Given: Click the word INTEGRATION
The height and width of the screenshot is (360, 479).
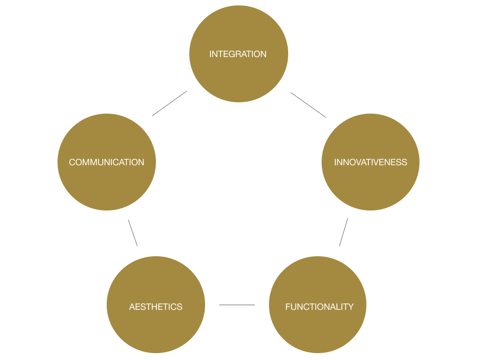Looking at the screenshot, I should click(238, 54).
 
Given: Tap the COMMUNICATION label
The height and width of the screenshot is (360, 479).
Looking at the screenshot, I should click(106, 162).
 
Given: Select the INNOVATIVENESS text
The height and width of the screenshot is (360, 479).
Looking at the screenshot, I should click(370, 162).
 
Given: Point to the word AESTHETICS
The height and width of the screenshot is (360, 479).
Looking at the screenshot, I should click(155, 307).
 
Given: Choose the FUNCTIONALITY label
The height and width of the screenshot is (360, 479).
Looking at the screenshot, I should click(319, 307).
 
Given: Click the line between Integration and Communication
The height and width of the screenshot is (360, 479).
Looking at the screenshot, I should click(170, 103).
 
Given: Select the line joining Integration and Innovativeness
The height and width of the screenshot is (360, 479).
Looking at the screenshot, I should click(308, 105).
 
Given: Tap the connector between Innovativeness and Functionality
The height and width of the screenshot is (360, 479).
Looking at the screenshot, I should click(343, 233).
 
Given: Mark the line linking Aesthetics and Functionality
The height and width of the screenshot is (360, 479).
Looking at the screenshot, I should click(237, 305).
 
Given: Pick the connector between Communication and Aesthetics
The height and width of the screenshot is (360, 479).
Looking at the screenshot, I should click(132, 233).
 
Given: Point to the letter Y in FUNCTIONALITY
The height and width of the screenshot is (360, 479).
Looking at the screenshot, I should click(351, 307).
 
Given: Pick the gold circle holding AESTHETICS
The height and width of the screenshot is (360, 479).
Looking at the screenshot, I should click(155, 330).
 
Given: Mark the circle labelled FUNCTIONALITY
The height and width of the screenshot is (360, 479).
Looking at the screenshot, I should click(318, 330).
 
